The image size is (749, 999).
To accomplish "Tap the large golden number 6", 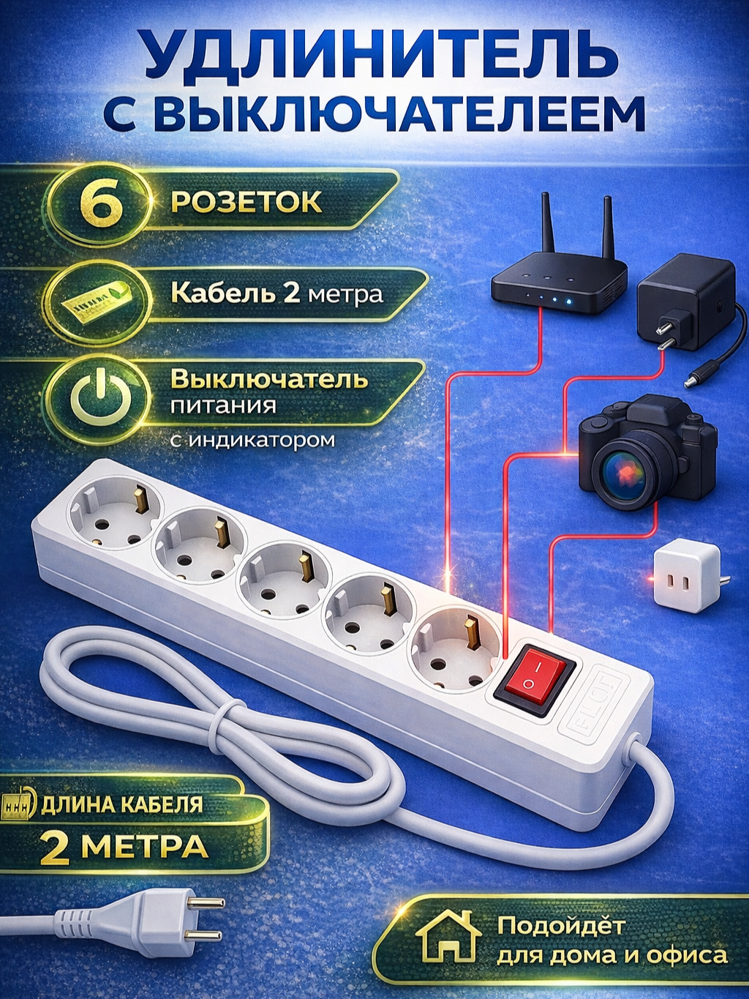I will point(101,204).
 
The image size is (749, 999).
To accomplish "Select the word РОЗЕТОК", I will point(246,202).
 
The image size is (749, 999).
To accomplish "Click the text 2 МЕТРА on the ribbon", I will point(124,848).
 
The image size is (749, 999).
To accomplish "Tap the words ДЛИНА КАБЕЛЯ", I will point(121,805).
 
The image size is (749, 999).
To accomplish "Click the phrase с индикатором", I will point(252,441).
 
